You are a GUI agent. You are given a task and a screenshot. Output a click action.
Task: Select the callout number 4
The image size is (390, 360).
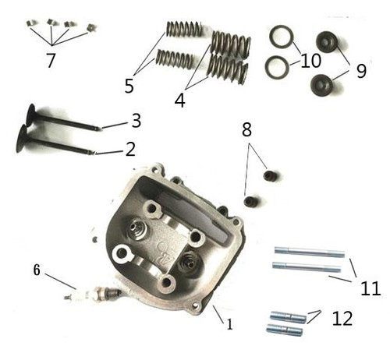179,100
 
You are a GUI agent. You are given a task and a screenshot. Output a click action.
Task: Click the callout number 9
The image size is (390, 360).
360,70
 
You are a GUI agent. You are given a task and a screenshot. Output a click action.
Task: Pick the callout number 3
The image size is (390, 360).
136,121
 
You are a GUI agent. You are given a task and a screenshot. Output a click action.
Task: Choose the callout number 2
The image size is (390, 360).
130,148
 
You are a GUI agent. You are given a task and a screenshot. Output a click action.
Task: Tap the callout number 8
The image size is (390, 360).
246,130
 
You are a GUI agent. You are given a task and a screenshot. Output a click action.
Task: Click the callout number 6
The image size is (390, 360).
36,270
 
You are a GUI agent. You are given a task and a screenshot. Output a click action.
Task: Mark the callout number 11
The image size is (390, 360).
370,288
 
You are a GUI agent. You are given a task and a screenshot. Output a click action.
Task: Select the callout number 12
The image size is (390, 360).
342,318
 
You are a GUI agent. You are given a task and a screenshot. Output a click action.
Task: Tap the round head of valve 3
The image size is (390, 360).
32,115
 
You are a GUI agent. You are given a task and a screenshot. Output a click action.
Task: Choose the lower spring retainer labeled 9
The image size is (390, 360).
321,83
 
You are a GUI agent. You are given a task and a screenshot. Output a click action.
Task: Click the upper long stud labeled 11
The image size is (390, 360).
309,252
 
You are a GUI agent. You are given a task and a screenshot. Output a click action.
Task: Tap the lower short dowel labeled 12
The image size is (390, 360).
285,330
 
